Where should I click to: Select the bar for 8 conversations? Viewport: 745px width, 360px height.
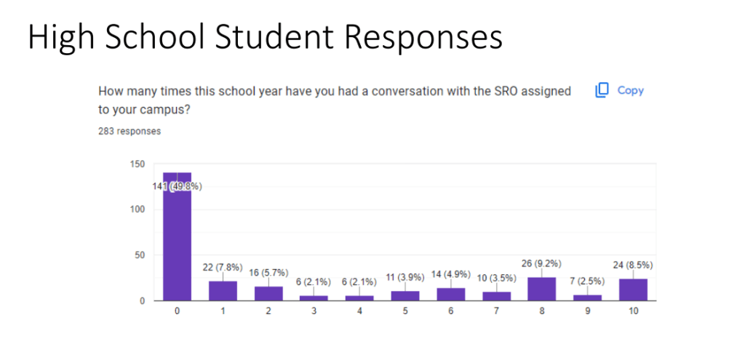coord(542,289)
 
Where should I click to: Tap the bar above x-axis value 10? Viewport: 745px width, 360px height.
coord(633,289)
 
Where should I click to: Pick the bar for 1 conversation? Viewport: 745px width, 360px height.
coord(223,291)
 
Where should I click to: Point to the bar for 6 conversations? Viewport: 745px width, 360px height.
coord(451,294)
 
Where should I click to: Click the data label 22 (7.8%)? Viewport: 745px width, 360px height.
coord(223,268)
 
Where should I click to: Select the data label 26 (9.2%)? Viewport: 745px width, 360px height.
coord(542,263)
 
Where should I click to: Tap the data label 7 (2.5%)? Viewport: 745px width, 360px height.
coord(588,281)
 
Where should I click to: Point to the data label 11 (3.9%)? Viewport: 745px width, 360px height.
coord(405,277)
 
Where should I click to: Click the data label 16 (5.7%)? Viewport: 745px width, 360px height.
coord(268,273)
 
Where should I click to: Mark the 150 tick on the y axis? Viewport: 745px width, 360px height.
coord(138,164)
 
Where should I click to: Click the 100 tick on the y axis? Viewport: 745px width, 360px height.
coord(138,209)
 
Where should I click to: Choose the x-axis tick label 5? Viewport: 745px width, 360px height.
coord(405,310)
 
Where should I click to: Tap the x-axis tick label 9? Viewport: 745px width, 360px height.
coord(588,310)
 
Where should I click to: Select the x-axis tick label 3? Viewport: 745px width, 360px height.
coord(314,310)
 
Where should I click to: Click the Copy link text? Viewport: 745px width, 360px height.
coord(630,91)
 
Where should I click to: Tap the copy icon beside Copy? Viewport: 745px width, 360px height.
coord(602,91)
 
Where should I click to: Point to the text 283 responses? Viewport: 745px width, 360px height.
coord(130,132)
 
